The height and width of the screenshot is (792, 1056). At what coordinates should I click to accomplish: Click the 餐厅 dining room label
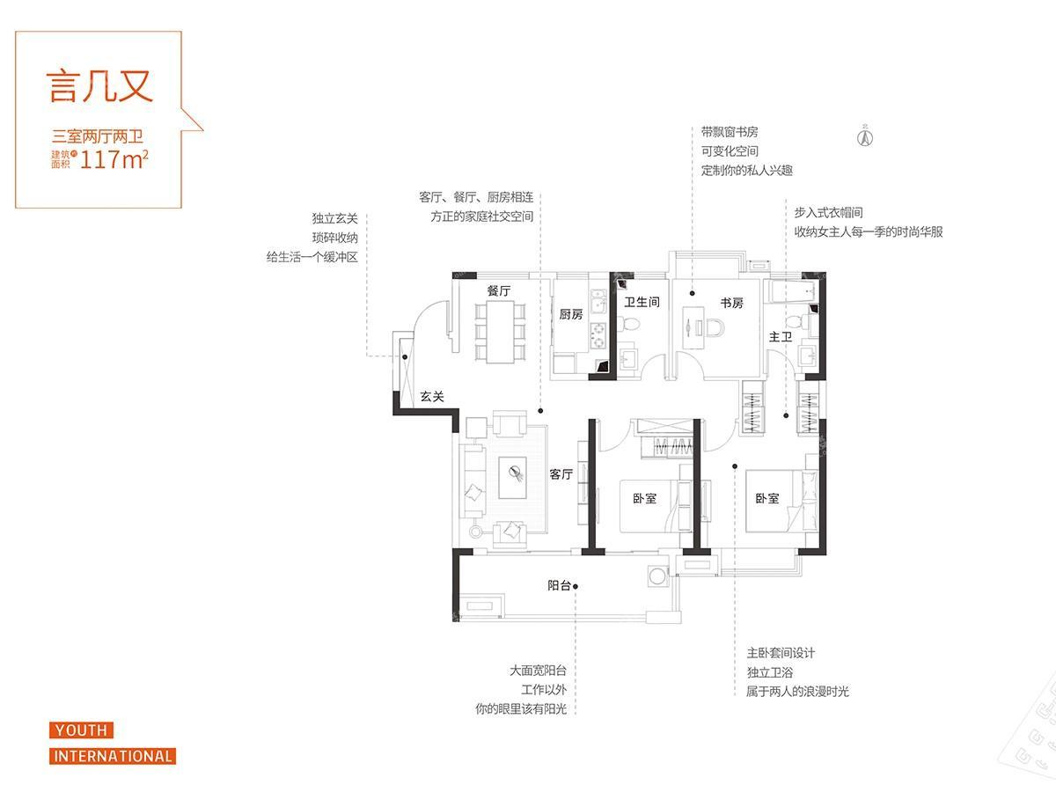pos(498,291)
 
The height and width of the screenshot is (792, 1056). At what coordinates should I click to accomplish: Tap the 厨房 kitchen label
pos(570,314)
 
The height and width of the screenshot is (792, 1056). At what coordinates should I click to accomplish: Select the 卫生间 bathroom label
pos(642,302)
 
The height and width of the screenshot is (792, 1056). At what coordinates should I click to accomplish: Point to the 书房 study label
pos(731,303)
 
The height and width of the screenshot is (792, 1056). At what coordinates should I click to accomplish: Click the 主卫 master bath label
pos(780,337)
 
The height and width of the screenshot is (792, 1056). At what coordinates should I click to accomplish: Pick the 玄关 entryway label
pos(431,396)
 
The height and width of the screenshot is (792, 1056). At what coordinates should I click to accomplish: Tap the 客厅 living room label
pos(561,474)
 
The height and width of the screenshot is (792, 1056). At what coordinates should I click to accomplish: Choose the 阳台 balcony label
pos(559,585)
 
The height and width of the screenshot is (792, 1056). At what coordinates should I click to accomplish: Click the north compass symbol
pos(865,136)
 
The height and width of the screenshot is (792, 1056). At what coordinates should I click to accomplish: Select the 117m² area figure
pos(114,159)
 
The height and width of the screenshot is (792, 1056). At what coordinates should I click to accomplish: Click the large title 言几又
pos(99,86)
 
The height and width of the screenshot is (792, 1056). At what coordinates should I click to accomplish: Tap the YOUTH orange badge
pos(81,730)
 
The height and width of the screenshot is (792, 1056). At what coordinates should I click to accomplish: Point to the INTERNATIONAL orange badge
pos(113,756)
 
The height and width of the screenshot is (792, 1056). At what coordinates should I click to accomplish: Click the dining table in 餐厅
pos(499,332)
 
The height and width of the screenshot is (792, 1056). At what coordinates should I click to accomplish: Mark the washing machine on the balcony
pos(657,576)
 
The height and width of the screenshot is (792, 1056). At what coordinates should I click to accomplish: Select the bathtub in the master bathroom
pos(791,293)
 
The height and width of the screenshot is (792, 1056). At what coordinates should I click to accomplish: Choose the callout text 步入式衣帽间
pos(828,213)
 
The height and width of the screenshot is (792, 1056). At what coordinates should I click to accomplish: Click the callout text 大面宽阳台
pos(538,671)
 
